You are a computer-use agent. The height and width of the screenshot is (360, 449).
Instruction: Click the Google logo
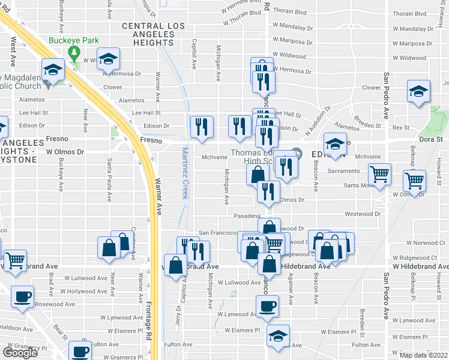pos(20,353)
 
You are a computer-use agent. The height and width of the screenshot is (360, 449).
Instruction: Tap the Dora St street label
pos(430,139)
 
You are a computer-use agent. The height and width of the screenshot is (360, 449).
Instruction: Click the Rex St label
pos(400,128)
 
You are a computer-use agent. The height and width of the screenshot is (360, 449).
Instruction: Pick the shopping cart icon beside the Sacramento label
pos(379,175)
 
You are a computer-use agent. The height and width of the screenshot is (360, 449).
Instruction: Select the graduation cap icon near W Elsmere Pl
pos(278,335)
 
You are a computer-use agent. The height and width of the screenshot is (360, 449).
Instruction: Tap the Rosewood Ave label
pos(55,304)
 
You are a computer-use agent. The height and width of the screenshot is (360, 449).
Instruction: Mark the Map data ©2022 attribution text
pos(423,355)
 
